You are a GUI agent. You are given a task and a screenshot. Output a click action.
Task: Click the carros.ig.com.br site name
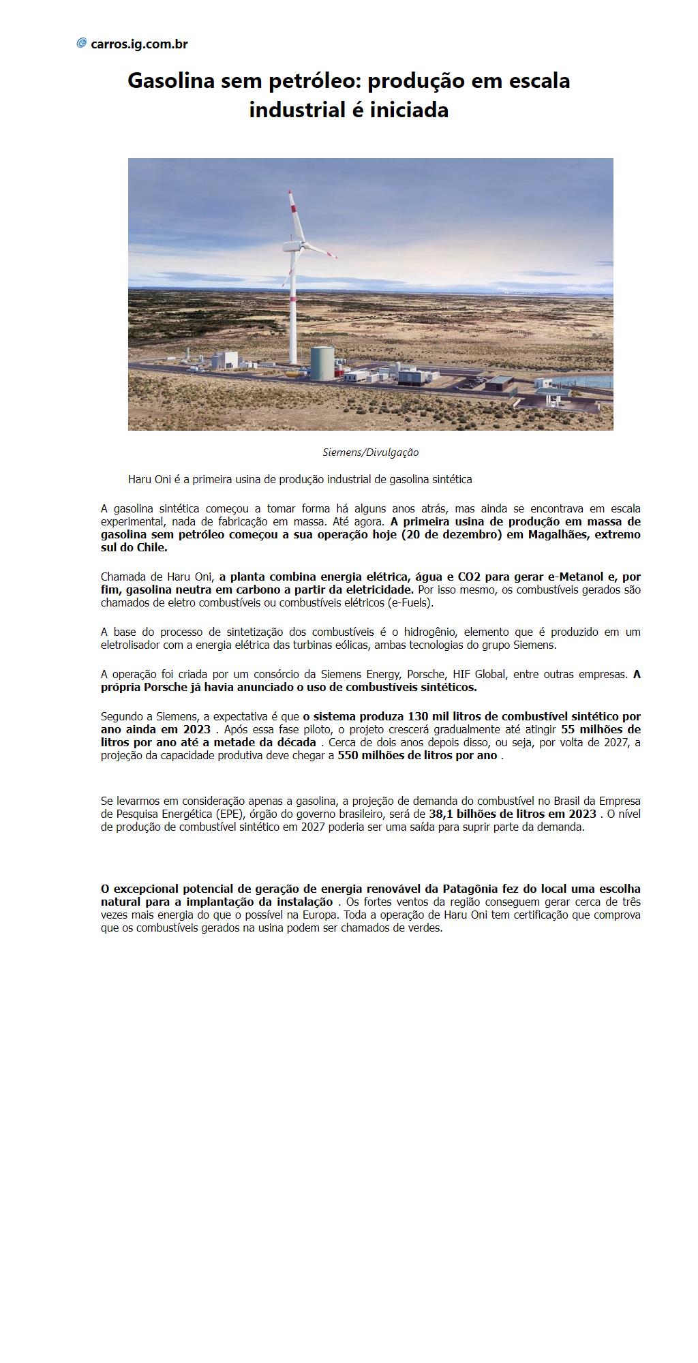tap(139, 44)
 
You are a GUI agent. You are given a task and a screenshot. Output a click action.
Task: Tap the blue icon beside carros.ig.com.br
tap(82, 44)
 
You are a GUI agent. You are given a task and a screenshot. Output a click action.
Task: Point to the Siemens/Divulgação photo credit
tap(370, 453)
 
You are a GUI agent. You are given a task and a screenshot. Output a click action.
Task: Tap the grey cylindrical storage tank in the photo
tap(323, 363)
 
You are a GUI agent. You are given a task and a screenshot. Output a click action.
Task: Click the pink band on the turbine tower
tap(293, 298)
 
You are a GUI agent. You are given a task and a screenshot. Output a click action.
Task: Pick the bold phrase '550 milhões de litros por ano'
tap(417, 755)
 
